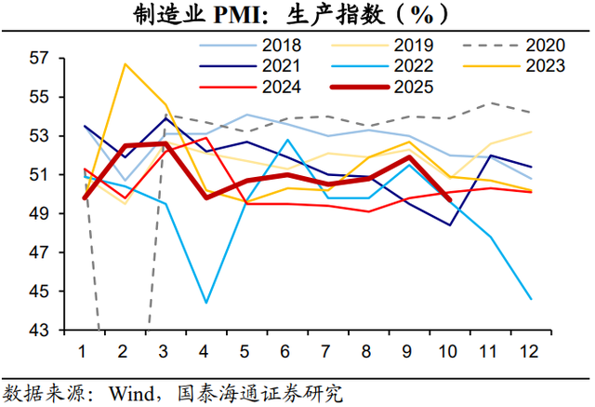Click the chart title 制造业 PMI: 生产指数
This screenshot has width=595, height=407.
pyautogui.click(x=297, y=14)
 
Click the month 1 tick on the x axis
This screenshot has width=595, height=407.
pyautogui.click(x=85, y=351)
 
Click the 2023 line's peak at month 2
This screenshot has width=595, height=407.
pyautogui.click(x=125, y=64)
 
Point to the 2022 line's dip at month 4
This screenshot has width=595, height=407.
pyautogui.click(x=205, y=303)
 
